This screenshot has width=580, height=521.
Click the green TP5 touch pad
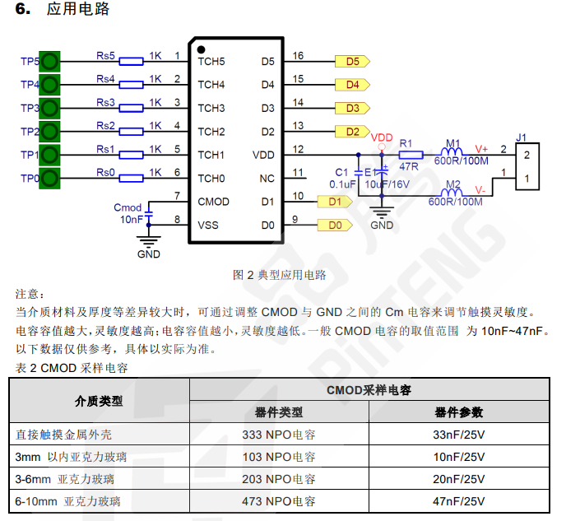tap(50, 61)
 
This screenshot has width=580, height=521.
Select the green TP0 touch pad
tap(50, 178)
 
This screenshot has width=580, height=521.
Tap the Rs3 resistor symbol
tap(132, 108)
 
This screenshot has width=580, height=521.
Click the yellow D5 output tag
tap(352, 61)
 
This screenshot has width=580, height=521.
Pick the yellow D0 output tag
tap(334, 225)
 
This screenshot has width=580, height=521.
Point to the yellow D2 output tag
tap(352, 131)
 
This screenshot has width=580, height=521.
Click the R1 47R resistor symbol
tap(411, 154)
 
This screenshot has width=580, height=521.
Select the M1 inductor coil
tap(453, 154)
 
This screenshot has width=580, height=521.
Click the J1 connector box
tap(527, 166)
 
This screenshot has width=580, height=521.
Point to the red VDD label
tap(382, 137)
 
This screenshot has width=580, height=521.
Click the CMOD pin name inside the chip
tap(213, 202)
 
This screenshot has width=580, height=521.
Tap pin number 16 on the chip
tap(298, 56)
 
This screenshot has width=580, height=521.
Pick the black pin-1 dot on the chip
tap(201, 49)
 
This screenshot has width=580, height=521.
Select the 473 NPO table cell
tap(279, 500)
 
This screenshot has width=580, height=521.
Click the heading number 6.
tap(21, 10)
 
